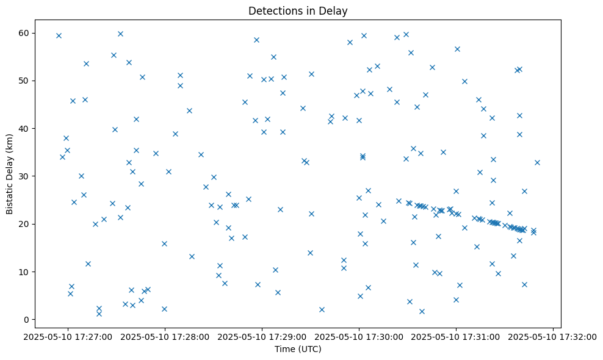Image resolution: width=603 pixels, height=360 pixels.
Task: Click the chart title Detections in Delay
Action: (x=298, y=10)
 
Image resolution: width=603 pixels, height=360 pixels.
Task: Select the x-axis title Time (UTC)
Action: (x=298, y=349)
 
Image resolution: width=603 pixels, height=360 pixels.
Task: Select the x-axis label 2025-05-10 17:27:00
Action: (x=67, y=336)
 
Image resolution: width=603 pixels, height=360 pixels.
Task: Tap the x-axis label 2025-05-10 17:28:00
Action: (x=164, y=336)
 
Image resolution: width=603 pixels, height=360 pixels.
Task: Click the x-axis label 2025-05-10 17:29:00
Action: (x=262, y=336)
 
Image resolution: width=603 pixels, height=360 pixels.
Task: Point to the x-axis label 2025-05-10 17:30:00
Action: (x=359, y=336)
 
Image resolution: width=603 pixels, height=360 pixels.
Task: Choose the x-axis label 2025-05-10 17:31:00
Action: (x=456, y=336)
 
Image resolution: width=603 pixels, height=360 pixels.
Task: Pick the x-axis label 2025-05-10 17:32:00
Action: (x=553, y=336)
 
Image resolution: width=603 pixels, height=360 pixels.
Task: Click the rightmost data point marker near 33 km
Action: (x=537, y=162)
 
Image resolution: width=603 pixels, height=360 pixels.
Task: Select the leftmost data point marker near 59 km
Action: (x=59, y=35)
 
